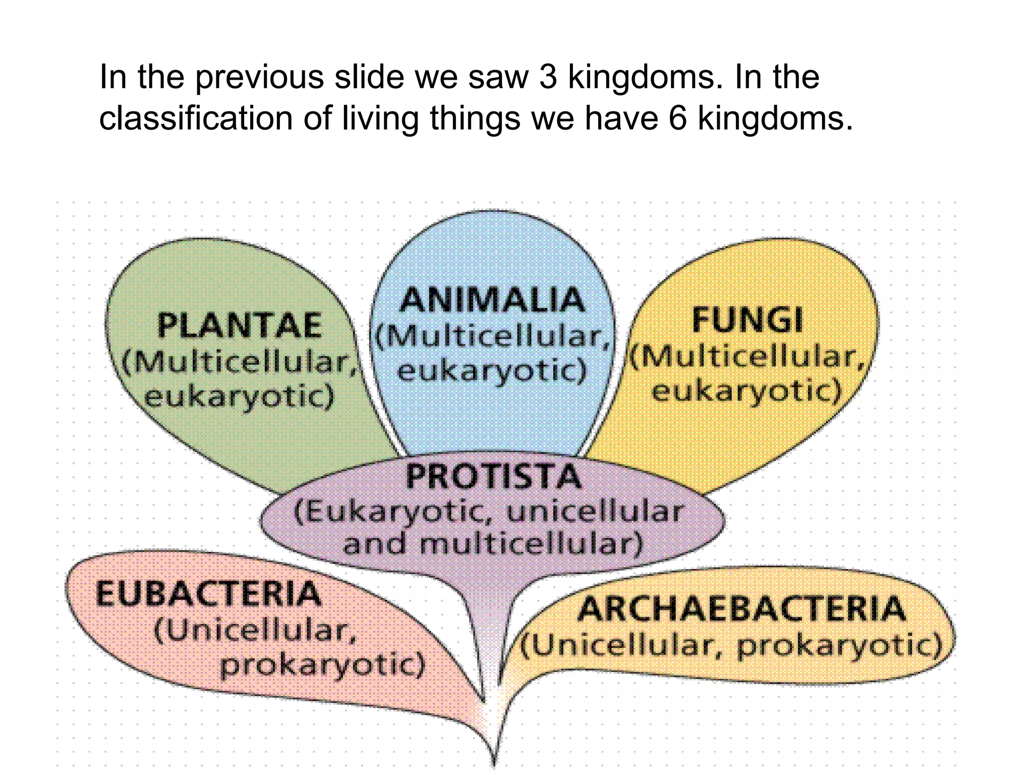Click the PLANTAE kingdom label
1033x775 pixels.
click(239, 325)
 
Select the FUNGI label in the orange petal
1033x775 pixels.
click(747, 320)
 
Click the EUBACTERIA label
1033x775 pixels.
click(208, 594)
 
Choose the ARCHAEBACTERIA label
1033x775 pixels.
click(741, 609)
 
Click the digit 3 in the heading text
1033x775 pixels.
click(548, 77)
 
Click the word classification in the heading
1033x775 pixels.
click(196, 119)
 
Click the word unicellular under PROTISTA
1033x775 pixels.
click(595, 512)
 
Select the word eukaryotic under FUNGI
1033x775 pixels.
click(747, 391)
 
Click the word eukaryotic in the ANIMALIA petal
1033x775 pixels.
click(492, 371)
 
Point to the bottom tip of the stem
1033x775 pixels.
click(494, 765)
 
